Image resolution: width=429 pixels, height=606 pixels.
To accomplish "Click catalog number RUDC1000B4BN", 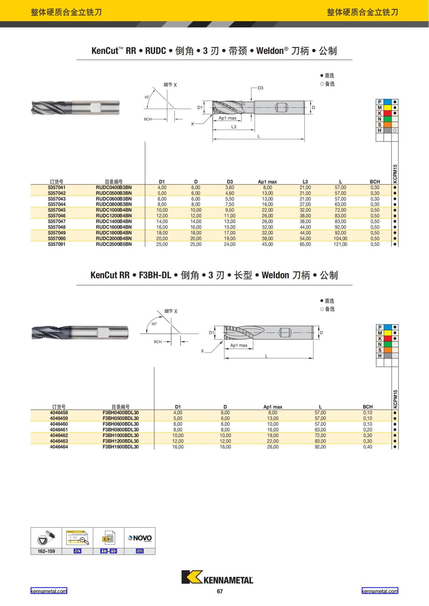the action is click(114, 210).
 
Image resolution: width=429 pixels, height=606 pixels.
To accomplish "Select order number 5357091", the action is click(56, 244).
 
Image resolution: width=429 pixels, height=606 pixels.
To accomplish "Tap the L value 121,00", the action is click(340, 244).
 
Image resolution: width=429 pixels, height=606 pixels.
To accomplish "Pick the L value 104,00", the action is click(340, 238).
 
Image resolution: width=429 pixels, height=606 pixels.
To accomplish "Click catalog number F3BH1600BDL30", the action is click(120, 447).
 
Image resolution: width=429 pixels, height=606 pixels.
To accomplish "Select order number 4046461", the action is click(59, 430).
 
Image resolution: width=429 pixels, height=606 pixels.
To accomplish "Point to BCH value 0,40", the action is click(368, 447).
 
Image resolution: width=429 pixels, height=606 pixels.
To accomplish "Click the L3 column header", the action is click(305, 181).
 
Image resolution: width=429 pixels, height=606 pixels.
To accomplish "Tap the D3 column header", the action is click(230, 181).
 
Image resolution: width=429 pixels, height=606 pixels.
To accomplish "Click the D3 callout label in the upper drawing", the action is click(260, 88).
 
